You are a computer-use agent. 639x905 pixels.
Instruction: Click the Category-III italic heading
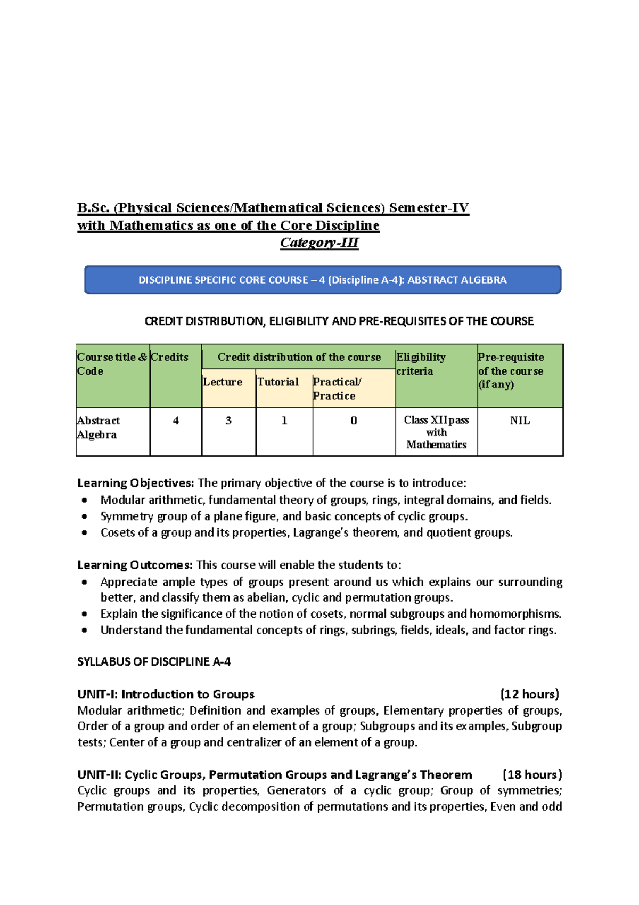coord(319,243)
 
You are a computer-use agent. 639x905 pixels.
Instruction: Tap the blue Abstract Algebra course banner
coord(323,280)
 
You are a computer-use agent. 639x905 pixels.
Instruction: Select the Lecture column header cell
coord(228,388)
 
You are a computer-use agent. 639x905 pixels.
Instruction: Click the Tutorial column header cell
coord(284,388)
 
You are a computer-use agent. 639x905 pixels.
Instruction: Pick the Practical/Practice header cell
coord(354,388)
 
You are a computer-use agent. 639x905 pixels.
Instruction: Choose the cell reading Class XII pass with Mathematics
coord(436,432)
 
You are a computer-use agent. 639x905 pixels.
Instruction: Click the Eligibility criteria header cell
coord(436,375)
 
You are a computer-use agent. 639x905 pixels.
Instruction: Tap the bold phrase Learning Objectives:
coord(136,483)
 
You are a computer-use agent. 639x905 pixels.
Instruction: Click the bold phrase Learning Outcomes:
coord(135,565)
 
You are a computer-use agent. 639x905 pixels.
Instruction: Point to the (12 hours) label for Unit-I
coord(529,694)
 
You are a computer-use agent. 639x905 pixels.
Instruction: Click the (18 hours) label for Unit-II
coord(531,774)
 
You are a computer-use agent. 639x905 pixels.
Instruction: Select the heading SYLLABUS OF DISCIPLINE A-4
coord(154,662)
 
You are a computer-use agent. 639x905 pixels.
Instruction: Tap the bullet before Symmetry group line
coord(84,516)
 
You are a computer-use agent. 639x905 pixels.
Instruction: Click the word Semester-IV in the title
coord(429,208)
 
